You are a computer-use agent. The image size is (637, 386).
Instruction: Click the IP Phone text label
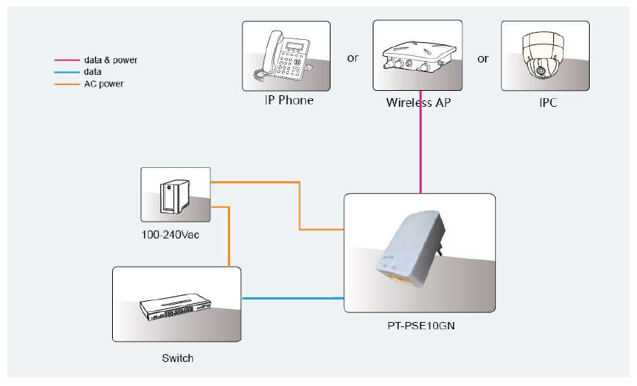tap(289, 100)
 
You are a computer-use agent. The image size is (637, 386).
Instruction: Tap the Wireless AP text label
tap(418, 102)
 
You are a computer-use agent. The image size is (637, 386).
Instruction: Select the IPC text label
tap(547, 102)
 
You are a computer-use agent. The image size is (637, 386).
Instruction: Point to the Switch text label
tap(178, 358)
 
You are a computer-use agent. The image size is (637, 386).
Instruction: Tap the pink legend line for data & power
tap(68, 60)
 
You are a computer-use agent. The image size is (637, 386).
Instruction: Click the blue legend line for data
tap(68, 72)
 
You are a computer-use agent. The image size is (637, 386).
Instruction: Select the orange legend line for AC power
tap(68, 84)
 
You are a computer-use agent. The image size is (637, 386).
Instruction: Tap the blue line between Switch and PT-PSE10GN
tap(291, 298)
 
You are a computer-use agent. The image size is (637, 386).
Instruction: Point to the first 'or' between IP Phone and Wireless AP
tap(353, 58)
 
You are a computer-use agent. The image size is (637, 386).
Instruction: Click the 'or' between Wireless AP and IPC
tap(483, 58)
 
